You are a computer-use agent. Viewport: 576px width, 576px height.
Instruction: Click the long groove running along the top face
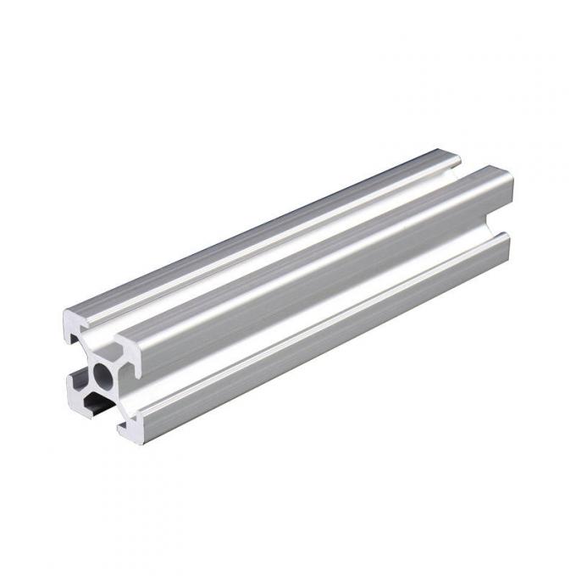click(x=288, y=246)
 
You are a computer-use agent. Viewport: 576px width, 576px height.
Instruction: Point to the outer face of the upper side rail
click(x=322, y=271)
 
